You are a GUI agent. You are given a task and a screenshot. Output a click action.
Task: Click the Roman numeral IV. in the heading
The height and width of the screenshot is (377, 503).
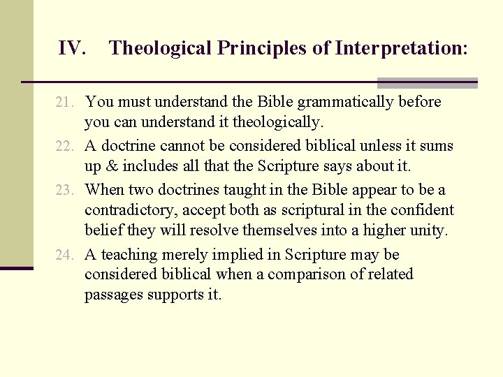(72, 48)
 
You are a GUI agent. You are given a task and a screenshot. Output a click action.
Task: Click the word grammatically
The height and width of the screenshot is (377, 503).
(346, 102)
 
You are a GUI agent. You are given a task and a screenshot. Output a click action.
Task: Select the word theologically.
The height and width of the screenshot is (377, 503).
(277, 123)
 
